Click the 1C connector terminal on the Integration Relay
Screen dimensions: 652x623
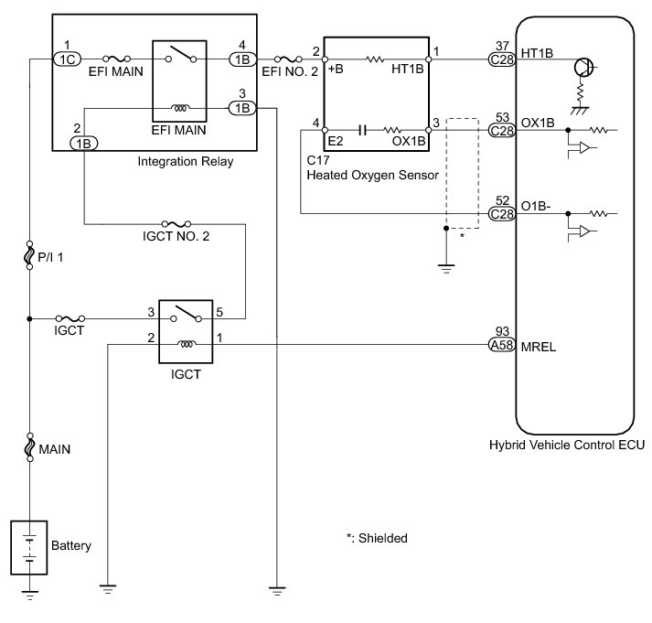click(68, 59)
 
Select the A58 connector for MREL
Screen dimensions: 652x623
click(502, 345)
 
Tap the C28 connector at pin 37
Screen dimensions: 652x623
click(502, 59)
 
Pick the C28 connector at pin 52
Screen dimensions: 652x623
click(502, 214)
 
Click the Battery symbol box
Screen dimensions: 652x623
click(28, 547)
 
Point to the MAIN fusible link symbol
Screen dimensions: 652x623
click(29, 447)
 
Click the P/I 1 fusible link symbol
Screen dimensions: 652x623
click(29, 255)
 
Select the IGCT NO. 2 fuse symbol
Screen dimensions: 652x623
click(176, 224)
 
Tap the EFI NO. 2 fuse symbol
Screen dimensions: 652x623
click(288, 59)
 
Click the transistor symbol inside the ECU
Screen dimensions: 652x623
click(583, 68)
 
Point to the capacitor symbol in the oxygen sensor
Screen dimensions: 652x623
click(362, 131)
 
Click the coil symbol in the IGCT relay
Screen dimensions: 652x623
click(186, 344)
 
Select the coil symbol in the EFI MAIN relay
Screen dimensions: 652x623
click(180, 108)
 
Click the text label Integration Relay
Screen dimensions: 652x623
click(186, 161)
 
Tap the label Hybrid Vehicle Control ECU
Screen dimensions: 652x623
click(567, 445)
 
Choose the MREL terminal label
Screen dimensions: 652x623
click(539, 347)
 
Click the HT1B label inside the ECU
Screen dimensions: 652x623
click(537, 53)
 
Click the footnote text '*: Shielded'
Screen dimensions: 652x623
click(377, 538)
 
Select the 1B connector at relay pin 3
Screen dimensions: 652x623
click(242, 109)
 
